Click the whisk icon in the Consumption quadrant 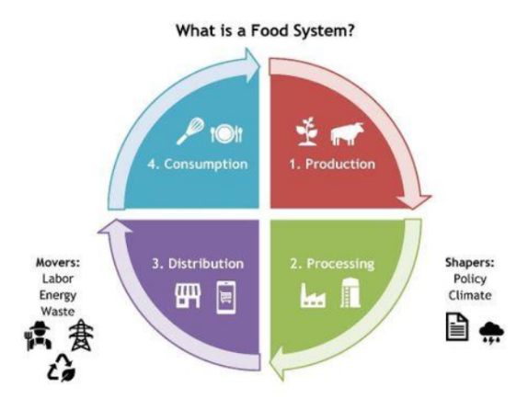click(x=191, y=131)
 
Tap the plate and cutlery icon click(x=226, y=133)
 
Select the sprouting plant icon click(x=306, y=131)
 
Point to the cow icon click(x=347, y=133)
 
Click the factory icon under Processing click(x=313, y=295)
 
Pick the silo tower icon click(x=350, y=292)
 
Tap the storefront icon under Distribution click(x=188, y=296)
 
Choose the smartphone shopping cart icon click(x=226, y=298)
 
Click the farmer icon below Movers click(x=39, y=336)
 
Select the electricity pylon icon click(x=81, y=336)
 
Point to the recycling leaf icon click(x=62, y=368)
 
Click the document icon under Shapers click(x=457, y=326)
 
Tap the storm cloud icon click(x=491, y=333)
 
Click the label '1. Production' click(x=332, y=165)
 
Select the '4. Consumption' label click(x=198, y=165)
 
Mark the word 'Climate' click(x=470, y=295)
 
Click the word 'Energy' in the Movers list click(x=58, y=296)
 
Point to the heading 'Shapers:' click(x=470, y=263)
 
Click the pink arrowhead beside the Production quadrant click(x=414, y=201)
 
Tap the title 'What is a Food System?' click(x=265, y=30)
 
